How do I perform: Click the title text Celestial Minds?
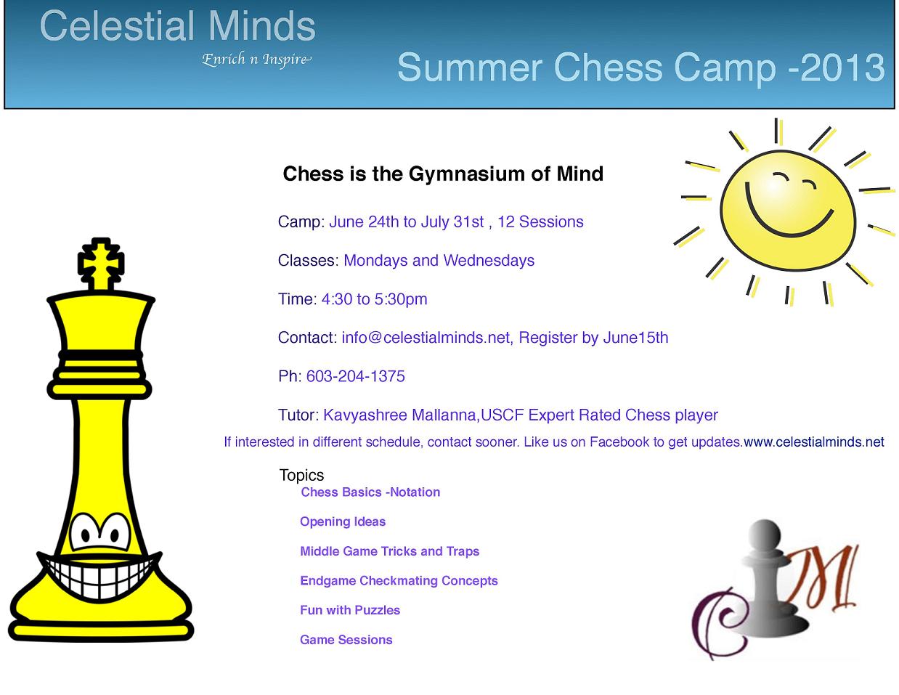pos(177,26)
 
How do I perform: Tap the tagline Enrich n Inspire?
pos(256,60)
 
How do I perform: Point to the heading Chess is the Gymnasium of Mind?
pos(443,174)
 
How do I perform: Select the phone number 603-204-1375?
pos(355,376)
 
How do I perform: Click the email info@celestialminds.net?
pos(426,338)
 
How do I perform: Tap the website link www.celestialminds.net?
pos(814,442)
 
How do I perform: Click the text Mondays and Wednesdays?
pos(439,261)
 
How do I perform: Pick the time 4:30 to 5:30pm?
pos(375,299)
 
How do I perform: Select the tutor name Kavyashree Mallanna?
pos(399,415)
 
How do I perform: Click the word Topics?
pos(301,476)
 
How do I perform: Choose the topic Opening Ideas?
pos(343,521)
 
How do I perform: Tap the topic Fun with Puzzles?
pos(350,610)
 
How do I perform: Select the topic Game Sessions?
pos(346,640)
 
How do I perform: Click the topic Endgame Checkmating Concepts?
pos(399,581)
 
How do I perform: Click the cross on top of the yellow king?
pos(101,263)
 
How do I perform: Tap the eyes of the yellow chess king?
pos(100,533)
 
